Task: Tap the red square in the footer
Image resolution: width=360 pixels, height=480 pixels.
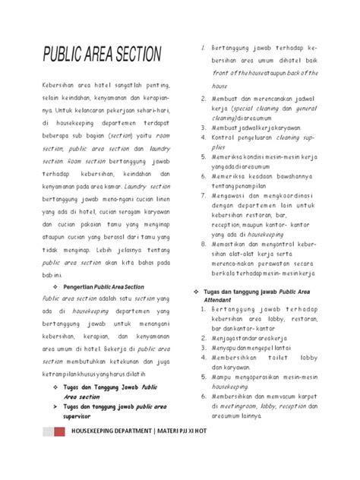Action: (58, 431)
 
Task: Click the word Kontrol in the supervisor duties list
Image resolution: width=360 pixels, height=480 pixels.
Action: (226, 138)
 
